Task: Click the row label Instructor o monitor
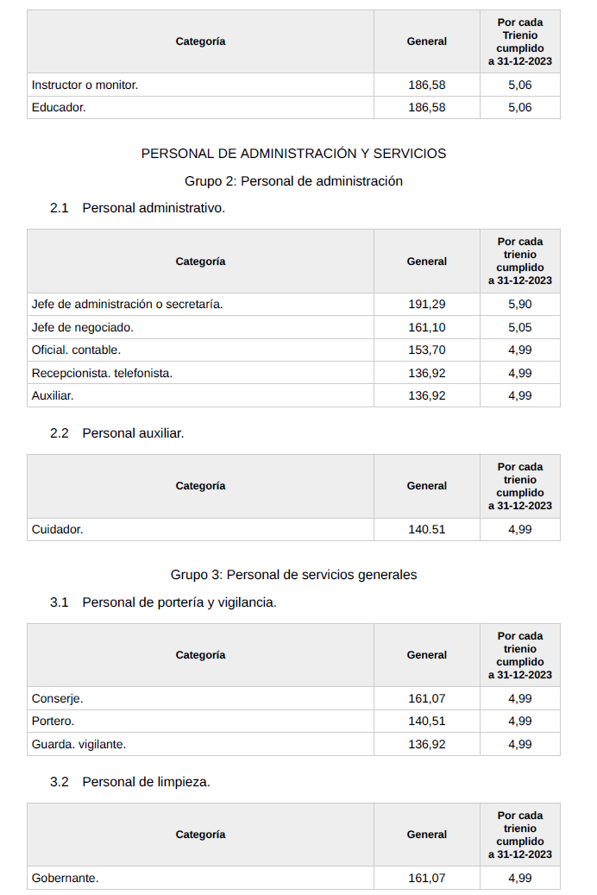click(x=85, y=85)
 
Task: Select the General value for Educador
click(x=426, y=107)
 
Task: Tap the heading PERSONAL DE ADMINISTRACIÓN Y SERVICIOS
click(x=293, y=154)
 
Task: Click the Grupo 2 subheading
click(x=293, y=181)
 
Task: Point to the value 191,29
click(x=426, y=304)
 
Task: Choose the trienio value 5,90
click(x=519, y=304)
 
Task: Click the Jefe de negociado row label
click(x=82, y=327)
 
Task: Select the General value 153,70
click(x=426, y=350)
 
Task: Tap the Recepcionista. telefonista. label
click(x=102, y=373)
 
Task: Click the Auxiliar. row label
click(x=53, y=395)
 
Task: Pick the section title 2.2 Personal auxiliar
click(x=117, y=433)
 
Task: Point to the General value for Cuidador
click(x=426, y=529)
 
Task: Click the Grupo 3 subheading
click(x=293, y=575)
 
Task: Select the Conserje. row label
click(x=57, y=698)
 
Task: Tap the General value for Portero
click(x=426, y=721)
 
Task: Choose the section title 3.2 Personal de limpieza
click(x=130, y=782)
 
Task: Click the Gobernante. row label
click(x=65, y=878)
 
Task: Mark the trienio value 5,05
click(x=519, y=327)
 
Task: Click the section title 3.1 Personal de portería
click(x=164, y=602)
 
